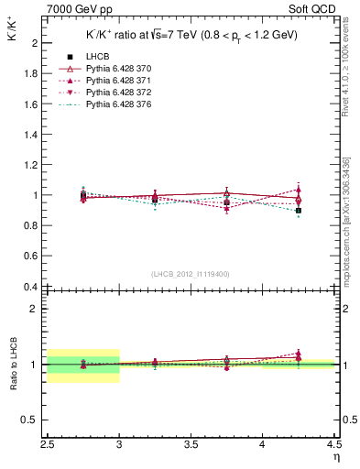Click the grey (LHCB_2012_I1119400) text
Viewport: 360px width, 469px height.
tap(191, 274)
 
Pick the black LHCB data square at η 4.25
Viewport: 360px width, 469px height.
tap(299, 211)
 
